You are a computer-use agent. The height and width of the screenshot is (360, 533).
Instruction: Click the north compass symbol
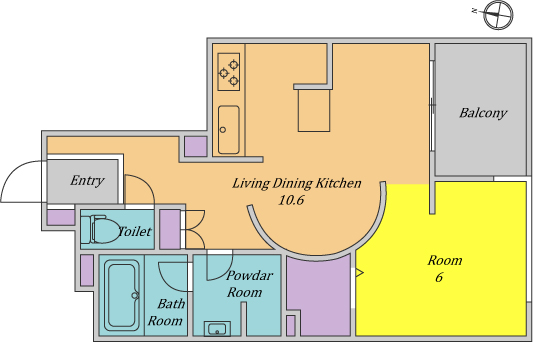tap(498, 15)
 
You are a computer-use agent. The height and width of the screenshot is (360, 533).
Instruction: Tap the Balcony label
tap(483, 113)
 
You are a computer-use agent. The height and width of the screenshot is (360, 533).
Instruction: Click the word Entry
tap(87, 181)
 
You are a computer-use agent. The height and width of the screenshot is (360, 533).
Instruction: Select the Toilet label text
tap(135, 232)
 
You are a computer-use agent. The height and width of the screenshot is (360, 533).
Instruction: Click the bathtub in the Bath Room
tap(122, 295)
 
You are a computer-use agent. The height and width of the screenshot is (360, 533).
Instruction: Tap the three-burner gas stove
tap(229, 72)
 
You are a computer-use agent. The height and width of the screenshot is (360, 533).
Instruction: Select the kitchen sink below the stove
tap(229, 130)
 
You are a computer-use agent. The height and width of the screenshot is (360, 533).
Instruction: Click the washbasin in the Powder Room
tap(218, 329)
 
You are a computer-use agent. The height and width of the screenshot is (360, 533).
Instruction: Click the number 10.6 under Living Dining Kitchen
tap(291, 200)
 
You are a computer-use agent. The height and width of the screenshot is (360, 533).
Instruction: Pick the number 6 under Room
tap(439, 277)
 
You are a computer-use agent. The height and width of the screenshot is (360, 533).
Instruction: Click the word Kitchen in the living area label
tap(339, 184)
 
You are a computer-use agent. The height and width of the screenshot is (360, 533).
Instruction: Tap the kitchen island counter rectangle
tap(314, 110)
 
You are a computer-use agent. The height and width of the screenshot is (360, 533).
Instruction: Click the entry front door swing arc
tap(14, 170)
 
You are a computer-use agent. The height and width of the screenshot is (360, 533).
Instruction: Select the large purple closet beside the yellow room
tap(319, 295)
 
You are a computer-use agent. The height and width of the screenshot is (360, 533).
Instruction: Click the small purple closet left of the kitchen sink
tap(195, 147)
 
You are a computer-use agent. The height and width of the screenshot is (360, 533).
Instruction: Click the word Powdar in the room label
tap(250, 275)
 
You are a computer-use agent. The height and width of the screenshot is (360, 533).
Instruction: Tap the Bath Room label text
tap(167, 312)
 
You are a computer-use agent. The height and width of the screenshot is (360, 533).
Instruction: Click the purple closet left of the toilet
tap(61, 218)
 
